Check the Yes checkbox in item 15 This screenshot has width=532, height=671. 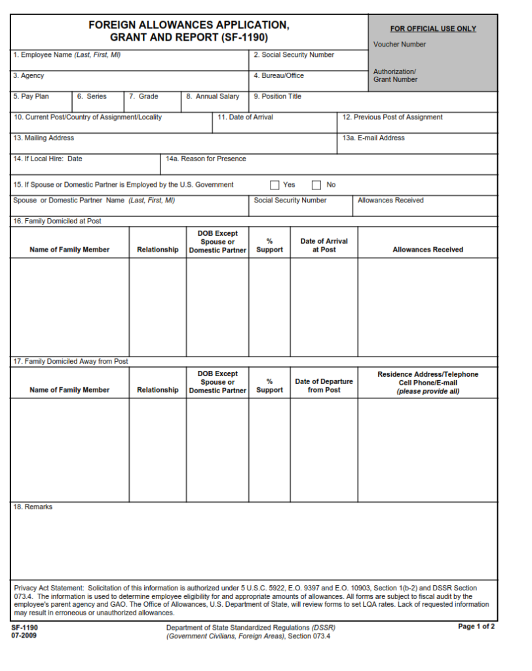pyautogui.click(x=275, y=185)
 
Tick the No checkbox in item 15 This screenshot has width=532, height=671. pyautogui.click(x=316, y=185)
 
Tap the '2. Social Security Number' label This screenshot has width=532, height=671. pyautogui.click(x=294, y=55)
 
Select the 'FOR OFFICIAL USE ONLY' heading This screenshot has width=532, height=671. pyautogui.click(x=433, y=29)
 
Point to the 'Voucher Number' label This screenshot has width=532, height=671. pyautogui.click(x=400, y=45)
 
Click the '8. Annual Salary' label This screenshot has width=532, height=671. pyautogui.click(x=213, y=96)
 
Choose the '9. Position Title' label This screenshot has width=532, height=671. pyautogui.click(x=278, y=96)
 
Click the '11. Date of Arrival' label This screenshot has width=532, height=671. pyautogui.click(x=246, y=117)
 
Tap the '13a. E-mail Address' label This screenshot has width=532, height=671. pyautogui.click(x=373, y=138)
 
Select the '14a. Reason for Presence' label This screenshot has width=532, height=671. pyautogui.click(x=206, y=159)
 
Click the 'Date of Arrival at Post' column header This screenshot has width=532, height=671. pyautogui.click(x=324, y=245)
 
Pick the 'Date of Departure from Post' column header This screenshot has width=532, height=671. pyautogui.click(x=324, y=385)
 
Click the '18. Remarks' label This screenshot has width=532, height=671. pyautogui.click(x=33, y=507)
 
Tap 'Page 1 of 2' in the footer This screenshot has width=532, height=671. pyautogui.click(x=476, y=627)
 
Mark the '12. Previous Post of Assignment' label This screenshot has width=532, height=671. pyautogui.click(x=392, y=117)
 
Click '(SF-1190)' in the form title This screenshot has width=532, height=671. pyautogui.click(x=244, y=37)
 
